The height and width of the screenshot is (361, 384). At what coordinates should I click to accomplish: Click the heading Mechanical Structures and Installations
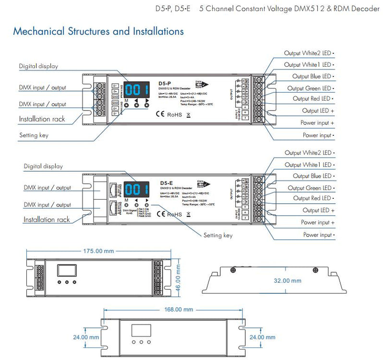tap(98, 32)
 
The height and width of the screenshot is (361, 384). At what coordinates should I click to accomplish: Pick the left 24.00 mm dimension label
tap(86, 337)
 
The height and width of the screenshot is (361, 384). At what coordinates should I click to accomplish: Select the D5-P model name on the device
tap(165, 84)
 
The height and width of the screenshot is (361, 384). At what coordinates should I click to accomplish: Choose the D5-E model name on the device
tap(166, 183)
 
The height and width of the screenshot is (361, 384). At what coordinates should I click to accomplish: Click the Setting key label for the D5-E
tap(218, 235)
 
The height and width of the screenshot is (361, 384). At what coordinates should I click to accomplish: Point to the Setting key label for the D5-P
tap(34, 135)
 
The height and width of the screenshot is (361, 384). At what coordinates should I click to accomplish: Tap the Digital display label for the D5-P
tap(38, 66)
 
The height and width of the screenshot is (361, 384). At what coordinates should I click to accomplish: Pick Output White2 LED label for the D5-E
tap(308, 153)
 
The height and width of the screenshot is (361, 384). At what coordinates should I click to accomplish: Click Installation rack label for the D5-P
tap(42, 119)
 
